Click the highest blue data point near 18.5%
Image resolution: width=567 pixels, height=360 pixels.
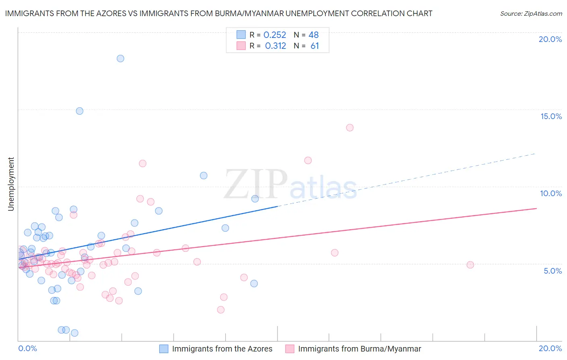tap(120, 59)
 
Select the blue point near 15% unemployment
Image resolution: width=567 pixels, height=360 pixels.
tap(79, 111)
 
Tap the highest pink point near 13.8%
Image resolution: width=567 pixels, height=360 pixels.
tap(350, 128)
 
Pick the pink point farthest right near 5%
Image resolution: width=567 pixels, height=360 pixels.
tap(470, 265)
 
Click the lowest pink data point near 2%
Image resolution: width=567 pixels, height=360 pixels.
tap(221, 310)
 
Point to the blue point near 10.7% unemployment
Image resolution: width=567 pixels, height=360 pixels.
tap(204, 176)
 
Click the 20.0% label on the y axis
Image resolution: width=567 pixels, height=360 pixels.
tap(550, 39)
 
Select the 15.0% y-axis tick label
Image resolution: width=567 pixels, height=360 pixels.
tap(551, 116)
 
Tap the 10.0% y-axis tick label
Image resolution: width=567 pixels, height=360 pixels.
tap(551, 193)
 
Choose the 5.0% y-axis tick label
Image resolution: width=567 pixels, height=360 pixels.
tap(552, 271)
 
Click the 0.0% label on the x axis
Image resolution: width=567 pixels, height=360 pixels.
tap(27, 348)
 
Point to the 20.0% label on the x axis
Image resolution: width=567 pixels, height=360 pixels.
tap(550, 348)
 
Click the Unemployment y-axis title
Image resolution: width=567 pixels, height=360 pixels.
tap(11, 184)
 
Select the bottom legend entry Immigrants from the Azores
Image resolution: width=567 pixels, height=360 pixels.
tap(222, 349)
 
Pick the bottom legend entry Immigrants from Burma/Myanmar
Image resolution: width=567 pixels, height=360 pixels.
tap(359, 349)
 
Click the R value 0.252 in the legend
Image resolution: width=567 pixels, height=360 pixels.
tap(275, 35)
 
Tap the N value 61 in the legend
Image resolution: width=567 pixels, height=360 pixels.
tap(315, 46)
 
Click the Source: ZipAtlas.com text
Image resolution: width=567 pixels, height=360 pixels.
tap(531, 14)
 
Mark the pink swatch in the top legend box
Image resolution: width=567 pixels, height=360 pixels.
tap(241, 46)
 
